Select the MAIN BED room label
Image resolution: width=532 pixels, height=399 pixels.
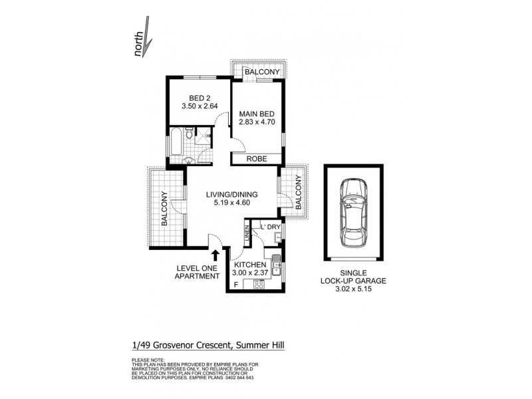[256, 113]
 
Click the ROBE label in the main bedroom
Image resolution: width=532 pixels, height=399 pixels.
[256, 160]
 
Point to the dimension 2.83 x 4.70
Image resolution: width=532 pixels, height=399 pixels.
[256, 122]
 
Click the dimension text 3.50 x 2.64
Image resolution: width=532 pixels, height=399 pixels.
[199, 105]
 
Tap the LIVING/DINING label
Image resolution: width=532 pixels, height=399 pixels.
[231, 194]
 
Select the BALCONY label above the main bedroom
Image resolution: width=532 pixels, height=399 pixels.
[260, 72]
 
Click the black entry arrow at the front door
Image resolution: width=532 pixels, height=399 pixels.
[215, 254]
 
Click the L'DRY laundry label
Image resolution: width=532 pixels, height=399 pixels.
[269, 227]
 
